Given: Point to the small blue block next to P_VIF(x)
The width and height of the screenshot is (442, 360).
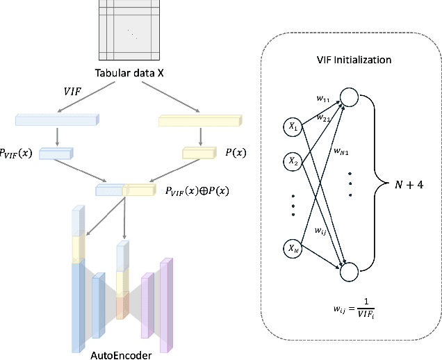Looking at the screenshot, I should [56, 153].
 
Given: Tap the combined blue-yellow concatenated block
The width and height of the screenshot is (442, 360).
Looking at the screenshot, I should [125, 189].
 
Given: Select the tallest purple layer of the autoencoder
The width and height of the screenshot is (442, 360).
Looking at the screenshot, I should [165, 306].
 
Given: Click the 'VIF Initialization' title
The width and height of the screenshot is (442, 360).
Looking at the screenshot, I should [353, 60].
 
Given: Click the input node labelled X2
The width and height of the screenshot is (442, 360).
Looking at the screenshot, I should [293, 161].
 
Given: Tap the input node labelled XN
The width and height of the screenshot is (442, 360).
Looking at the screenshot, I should [293, 247].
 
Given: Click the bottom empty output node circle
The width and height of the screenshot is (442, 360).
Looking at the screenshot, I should [349, 271].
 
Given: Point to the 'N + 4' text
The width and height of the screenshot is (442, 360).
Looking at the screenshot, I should [407, 184].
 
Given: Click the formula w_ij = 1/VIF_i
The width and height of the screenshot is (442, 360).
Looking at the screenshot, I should [352, 306].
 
